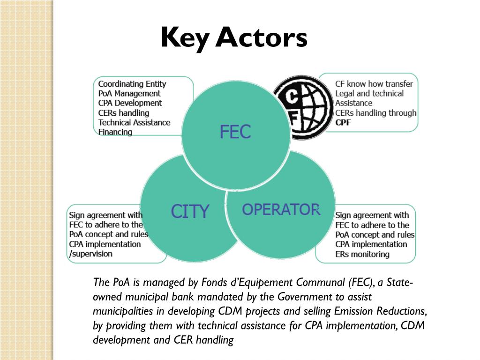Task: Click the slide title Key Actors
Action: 234,38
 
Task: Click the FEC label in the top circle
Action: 235,132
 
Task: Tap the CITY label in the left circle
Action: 189,212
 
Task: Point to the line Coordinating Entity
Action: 132,84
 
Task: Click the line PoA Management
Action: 129,93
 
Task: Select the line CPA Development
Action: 130,103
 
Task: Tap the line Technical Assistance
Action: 134,122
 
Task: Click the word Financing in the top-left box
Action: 115,132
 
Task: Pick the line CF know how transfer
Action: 374,84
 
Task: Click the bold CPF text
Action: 343,123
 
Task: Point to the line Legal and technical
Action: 369,93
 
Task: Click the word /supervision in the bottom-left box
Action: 91,254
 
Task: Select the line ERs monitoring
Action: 362,254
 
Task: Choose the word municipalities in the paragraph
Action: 121,311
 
